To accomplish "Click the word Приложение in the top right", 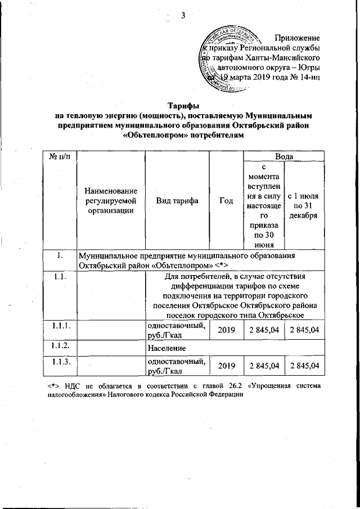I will (296, 38).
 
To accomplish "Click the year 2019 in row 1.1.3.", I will (226, 366).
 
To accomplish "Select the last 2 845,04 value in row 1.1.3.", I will (304, 366).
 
